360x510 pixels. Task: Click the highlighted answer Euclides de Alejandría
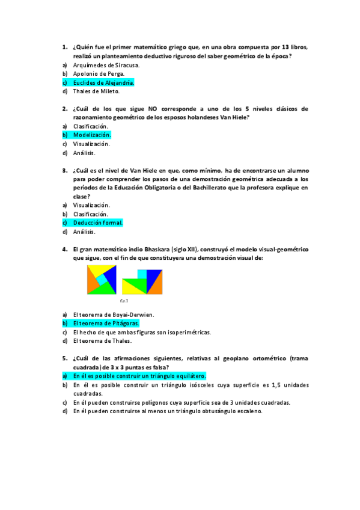pyautogui.click(x=103, y=82)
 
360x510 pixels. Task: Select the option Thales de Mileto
pyautogui.click(x=96, y=91)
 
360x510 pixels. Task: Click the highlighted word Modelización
pyautogui.click(x=92, y=135)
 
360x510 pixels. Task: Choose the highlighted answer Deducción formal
pyautogui.click(x=98, y=223)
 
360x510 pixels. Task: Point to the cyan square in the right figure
pyautogui.click(x=142, y=274)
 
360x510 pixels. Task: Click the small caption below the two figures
pyautogui.click(x=124, y=300)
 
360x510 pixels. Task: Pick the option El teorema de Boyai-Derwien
pyautogui.click(x=114, y=314)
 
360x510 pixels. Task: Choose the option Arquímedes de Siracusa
pyautogui.click(x=106, y=65)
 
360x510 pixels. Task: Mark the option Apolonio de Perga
pyautogui.click(x=99, y=73)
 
